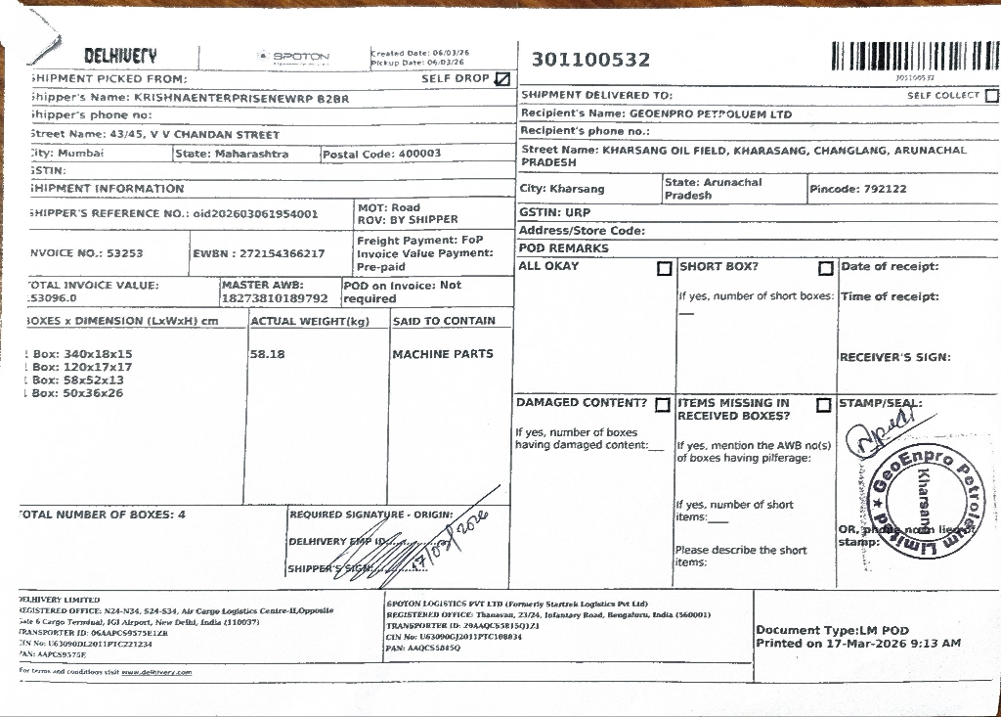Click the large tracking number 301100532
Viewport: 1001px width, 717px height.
coord(590,60)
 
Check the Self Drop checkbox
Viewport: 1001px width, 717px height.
coord(502,79)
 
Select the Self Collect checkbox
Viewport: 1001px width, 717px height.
coord(991,96)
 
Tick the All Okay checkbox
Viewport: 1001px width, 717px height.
coord(665,268)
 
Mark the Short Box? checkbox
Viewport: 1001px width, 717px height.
coord(826,268)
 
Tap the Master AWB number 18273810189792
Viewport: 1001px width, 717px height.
coord(276,298)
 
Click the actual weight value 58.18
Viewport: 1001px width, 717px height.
coord(267,354)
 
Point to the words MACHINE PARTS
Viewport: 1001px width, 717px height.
coord(443,354)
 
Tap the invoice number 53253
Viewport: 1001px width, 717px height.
coord(125,253)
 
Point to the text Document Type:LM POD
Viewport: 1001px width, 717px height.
coord(832,630)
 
